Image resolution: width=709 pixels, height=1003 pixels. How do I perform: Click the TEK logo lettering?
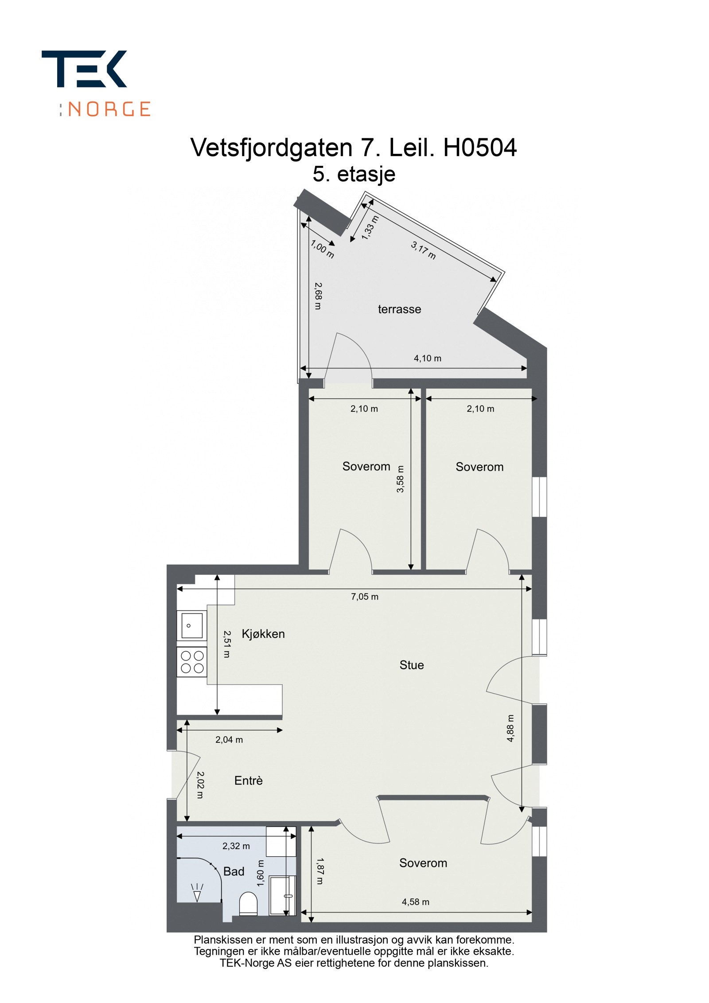[x=84, y=69]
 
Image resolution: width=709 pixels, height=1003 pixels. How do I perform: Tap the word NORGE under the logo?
[x=109, y=109]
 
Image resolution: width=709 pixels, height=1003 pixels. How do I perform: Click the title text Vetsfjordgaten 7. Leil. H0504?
[x=353, y=148]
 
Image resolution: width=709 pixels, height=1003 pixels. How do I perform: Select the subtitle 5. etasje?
[x=354, y=174]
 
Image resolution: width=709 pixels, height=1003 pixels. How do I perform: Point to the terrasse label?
[x=399, y=309]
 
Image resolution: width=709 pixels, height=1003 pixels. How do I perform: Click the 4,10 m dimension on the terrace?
[x=427, y=358]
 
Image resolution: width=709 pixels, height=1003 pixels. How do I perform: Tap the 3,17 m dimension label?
[x=423, y=250]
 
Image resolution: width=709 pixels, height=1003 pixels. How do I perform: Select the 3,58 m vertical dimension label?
[x=400, y=479]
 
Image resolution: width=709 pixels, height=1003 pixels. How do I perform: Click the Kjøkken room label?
[x=263, y=634]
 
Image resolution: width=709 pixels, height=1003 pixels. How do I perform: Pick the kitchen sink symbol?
[x=191, y=626]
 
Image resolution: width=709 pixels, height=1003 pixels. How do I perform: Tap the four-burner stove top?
[x=192, y=662]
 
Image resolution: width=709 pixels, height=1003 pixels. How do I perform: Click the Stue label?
[x=411, y=665]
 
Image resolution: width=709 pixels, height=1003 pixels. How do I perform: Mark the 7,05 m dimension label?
[x=364, y=597]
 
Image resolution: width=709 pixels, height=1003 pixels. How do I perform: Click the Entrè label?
[x=248, y=781]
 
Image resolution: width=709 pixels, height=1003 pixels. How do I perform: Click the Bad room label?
[x=234, y=871]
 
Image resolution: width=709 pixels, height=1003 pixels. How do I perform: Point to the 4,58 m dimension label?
[x=415, y=902]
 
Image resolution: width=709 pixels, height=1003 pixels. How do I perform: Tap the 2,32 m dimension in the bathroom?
[x=236, y=846]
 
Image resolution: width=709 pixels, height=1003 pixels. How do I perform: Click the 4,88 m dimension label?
[x=510, y=728]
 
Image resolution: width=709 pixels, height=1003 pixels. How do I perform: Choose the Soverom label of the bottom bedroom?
[x=423, y=863]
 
